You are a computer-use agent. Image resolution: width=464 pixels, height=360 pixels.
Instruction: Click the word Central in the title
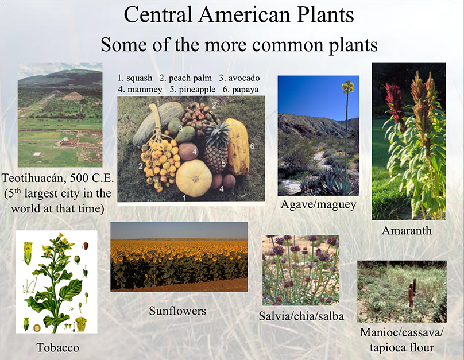pos(158,15)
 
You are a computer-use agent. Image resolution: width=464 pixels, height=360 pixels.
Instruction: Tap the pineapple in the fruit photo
pos(217,148)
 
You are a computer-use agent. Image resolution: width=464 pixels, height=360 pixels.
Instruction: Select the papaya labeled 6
pos(237,146)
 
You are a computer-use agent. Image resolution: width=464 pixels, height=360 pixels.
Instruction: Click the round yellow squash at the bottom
pos(194,178)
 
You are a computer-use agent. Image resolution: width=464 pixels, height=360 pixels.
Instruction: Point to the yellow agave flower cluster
pos(347,86)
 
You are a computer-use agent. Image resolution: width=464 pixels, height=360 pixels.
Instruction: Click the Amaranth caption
pos(407,230)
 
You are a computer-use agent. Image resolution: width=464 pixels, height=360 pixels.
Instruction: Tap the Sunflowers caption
pos(177,311)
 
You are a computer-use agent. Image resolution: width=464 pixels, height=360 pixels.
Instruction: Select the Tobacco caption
pos(57,347)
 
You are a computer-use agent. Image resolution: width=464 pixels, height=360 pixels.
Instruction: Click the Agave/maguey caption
pos(318,205)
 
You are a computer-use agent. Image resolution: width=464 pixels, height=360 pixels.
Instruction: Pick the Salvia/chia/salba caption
pos(301,316)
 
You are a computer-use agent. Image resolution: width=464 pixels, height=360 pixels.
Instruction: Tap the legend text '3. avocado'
pos(239,78)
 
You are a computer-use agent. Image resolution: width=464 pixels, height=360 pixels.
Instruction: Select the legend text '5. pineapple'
pos(192,90)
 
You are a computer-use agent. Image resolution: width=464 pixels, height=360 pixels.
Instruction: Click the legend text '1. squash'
pos(135,78)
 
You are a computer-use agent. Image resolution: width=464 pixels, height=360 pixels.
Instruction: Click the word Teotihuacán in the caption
pos(33,178)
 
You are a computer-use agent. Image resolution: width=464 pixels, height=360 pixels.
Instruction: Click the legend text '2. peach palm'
pos(185,78)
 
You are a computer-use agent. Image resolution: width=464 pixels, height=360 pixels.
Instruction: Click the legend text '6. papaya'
pos(241,90)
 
